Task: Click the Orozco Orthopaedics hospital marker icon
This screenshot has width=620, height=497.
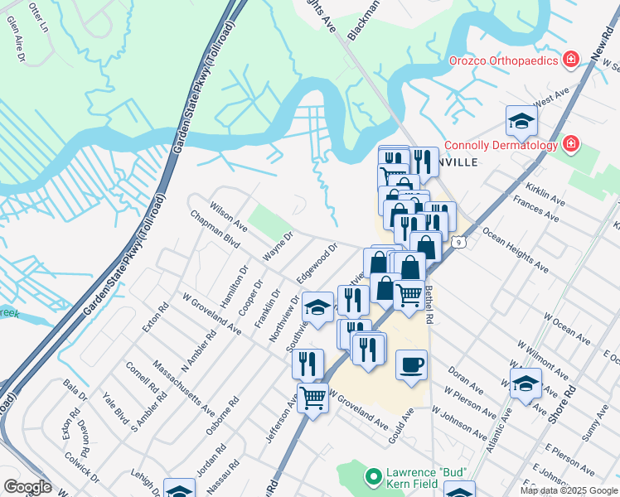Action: pyautogui.click(x=569, y=59)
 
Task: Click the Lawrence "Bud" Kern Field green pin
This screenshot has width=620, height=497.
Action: pyautogui.click(x=373, y=478)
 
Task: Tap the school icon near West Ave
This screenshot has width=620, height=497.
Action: pyautogui.click(x=521, y=121)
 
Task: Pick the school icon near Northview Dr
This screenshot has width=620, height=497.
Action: pyautogui.click(x=317, y=307)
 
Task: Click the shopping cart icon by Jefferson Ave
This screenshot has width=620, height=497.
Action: pyautogui.click(x=313, y=398)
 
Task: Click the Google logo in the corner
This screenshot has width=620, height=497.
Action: pyautogui.click(x=27, y=487)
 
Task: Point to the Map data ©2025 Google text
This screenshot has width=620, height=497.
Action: pyautogui.click(x=569, y=490)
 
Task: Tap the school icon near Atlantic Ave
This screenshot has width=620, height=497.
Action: pyautogui.click(x=526, y=384)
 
